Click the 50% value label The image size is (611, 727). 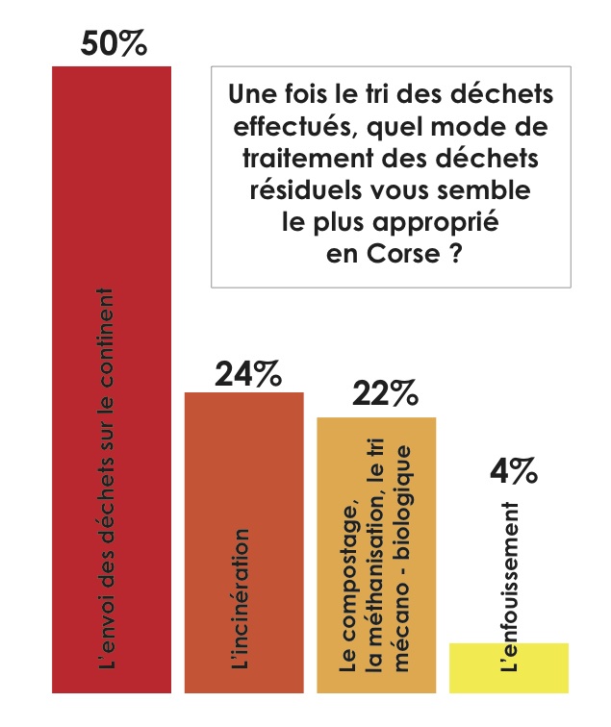coord(114,44)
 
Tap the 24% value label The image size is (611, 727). coord(247,372)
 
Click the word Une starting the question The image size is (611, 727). coord(253,96)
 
